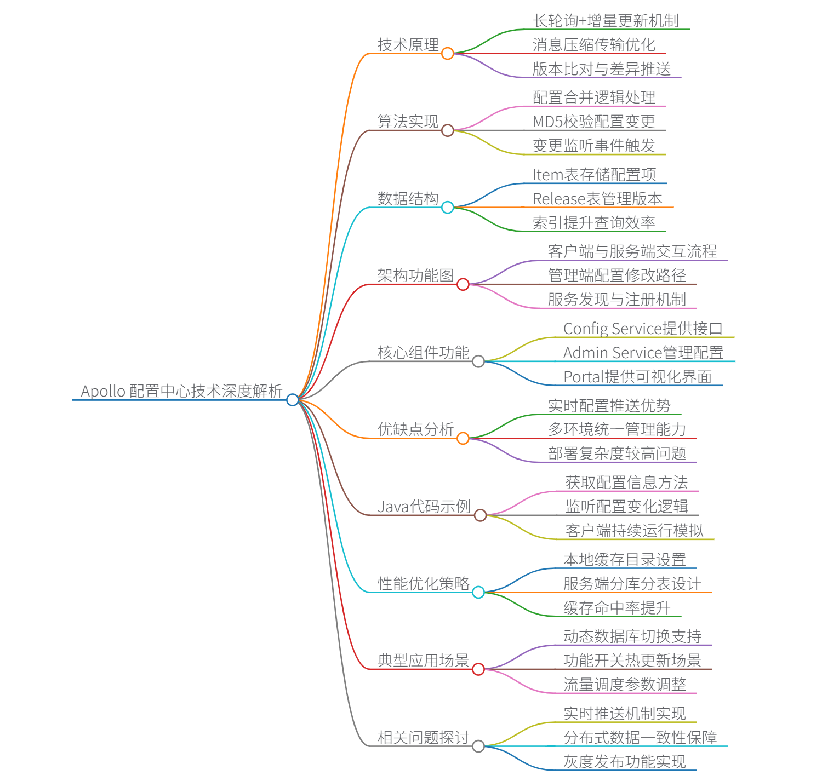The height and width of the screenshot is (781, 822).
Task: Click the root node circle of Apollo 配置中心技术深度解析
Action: tap(293, 400)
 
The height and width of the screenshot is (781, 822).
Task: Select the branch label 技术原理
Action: tap(408, 45)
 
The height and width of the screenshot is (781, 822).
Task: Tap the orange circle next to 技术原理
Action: tap(448, 53)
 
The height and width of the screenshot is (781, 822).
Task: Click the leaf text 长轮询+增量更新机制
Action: tap(606, 21)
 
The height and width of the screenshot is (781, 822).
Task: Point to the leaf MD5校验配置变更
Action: tap(593, 122)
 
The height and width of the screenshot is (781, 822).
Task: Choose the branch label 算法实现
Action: tap(408, 122)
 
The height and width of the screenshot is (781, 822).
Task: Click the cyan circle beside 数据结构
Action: tap(448, 207)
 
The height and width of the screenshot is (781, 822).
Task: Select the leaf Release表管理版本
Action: tap(597, 199)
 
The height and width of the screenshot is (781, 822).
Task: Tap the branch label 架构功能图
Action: tap(416, 275)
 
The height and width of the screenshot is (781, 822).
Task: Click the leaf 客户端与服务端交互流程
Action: tap(632, 251)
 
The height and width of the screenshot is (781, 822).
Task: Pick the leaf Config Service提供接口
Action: tap(643, 329)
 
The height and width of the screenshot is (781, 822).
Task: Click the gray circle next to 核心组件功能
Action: tap(478, 361)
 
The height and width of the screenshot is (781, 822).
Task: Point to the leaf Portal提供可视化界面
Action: tap(637, 377)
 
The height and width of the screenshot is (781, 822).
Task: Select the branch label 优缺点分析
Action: tap(416, 429)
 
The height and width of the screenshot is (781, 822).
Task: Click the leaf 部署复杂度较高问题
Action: tap(617, 453)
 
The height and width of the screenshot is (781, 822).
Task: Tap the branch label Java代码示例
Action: tap(424, 507)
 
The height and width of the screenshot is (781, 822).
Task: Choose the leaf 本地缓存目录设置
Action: tap(625, 560)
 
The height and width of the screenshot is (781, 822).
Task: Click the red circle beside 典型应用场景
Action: tap(478, 669)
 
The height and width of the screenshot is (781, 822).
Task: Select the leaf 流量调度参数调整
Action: tap(625, 685)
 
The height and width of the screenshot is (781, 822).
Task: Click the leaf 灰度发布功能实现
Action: tap(625, 762)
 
